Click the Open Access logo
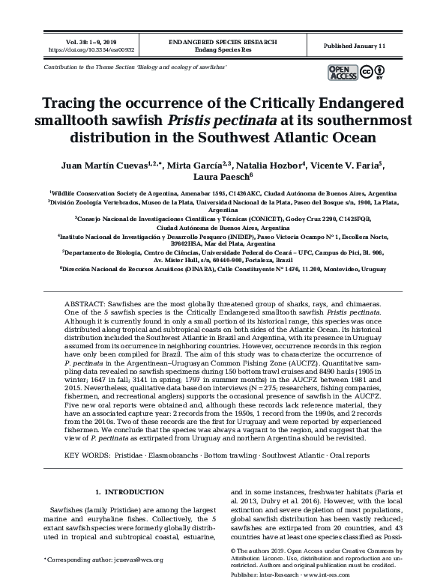[x=342, y=72]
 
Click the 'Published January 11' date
[x=355, y=46]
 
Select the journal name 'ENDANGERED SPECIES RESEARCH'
[x=223, y=42]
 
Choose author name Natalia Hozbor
[x=268, y=165]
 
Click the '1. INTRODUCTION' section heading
[x=130, y=491]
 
